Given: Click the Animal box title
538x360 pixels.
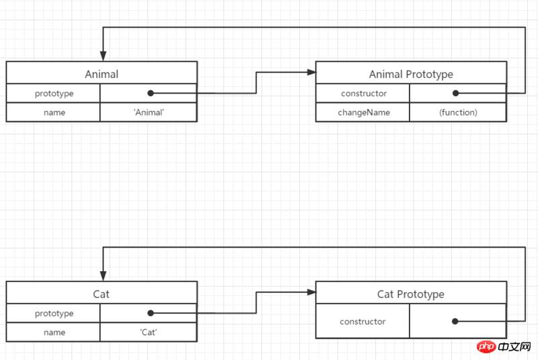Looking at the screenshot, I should click(x=102, y=74).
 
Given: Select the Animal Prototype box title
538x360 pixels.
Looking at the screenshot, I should click(x=411, y=74).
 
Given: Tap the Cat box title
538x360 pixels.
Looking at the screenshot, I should click(x=102, y=294).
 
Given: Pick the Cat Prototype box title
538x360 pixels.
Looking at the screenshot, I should click(x=411, y=294).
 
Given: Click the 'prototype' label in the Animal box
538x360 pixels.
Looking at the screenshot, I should click(x=54, y=94).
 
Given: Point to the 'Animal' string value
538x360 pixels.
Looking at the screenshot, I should click(x=149, y=112).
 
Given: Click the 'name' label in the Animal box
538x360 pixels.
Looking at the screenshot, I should click(x=54, y=112).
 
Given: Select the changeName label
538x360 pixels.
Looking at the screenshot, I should click(x=363, y=112).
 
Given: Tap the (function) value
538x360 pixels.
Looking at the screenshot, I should click(x=458, y=112).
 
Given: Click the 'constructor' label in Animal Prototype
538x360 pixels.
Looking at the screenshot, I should click(x=363, y=94).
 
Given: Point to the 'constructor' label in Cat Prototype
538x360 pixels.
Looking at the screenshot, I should click(x=363, y=322).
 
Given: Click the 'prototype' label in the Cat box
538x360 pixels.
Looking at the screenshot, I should click(x=54, y=314).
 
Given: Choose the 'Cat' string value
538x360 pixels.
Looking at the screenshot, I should click(x=149, y=332).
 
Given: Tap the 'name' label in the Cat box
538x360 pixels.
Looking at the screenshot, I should click(x=54, y=332).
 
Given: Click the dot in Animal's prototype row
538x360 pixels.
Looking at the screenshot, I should click(x=150, y=94).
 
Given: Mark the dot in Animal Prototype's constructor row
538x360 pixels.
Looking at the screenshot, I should click(x=456, y=94).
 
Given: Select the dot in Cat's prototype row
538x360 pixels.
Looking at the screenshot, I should click(x=150, y=314).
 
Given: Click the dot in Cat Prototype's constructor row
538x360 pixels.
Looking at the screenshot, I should click(x=456, y=322).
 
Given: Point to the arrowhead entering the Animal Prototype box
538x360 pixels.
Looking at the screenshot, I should click(x=311, y=71).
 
